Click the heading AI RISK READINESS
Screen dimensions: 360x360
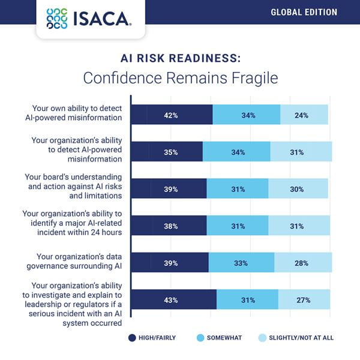click(x=179, y=59)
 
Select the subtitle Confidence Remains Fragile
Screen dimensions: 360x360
click(x=180, y=79)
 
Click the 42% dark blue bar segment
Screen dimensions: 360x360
click(x=172, y=115)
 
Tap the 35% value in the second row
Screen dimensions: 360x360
click(x=170, y=152)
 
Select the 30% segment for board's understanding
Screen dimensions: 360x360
click(x=298, y=189)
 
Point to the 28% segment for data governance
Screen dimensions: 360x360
click(x=302, y=263)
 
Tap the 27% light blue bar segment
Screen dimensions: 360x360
click(x=304, y=300)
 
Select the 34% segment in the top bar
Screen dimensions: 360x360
click(x=246, y=115)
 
